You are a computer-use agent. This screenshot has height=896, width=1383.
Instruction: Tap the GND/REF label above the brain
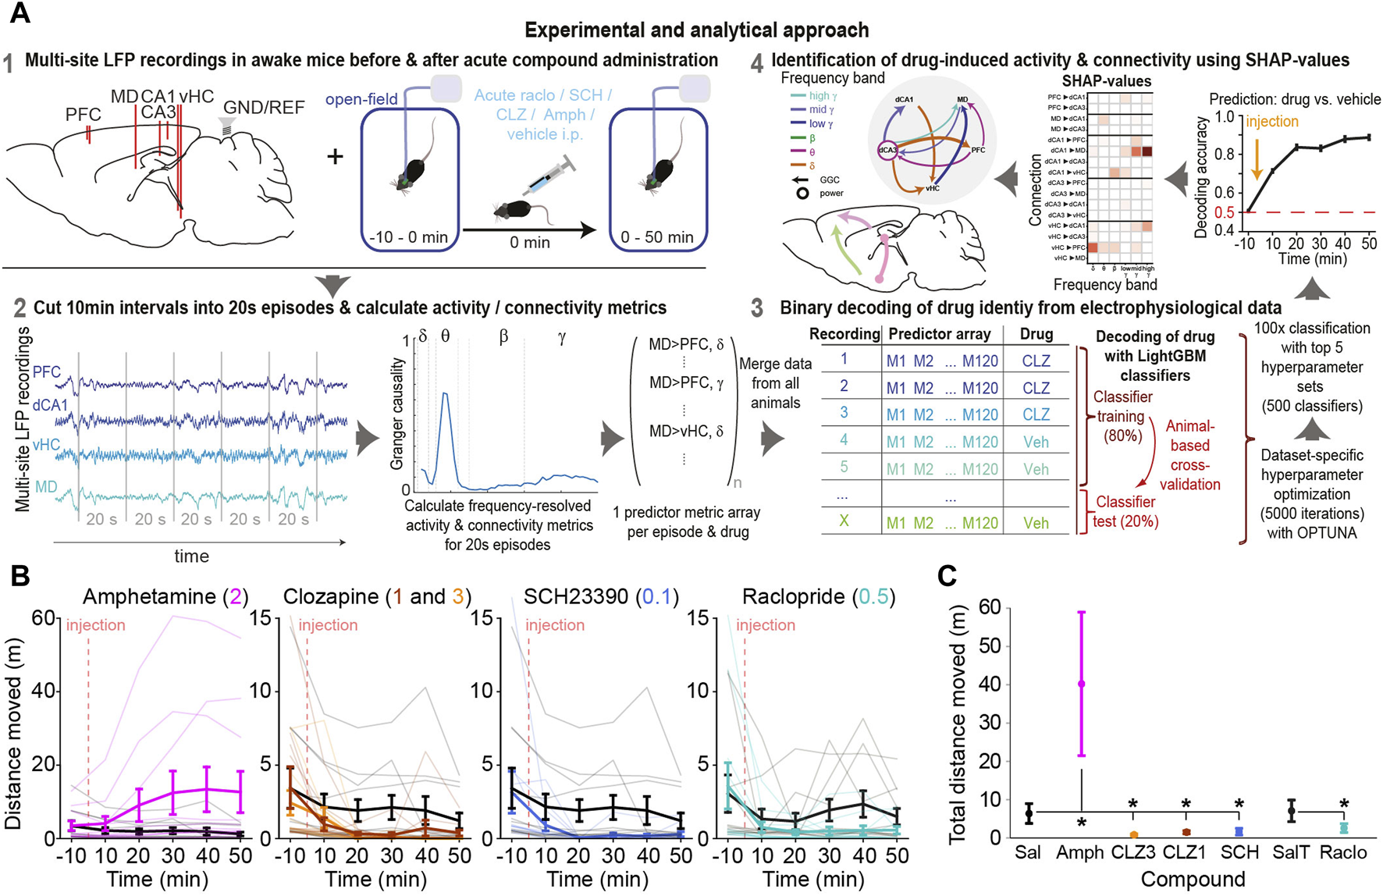(264, 108)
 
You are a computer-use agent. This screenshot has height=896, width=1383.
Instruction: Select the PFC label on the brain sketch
(84, 115)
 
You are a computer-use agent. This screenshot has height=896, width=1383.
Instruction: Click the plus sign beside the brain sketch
(335, 156)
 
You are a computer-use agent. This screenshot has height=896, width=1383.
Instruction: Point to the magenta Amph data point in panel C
(1081, 684)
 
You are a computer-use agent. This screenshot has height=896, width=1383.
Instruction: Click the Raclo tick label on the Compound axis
(1343, 852)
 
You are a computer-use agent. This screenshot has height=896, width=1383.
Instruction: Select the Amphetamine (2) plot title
(165, 597)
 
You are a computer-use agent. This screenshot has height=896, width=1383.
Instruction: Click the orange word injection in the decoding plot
(1271, 122)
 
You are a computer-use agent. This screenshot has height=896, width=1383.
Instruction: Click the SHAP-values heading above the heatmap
(1106, 81)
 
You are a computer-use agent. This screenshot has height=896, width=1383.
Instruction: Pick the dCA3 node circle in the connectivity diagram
(887, 149)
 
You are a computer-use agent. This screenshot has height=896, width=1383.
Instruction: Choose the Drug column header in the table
(1036, 334)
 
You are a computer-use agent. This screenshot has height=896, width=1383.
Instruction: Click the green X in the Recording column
(844, 521)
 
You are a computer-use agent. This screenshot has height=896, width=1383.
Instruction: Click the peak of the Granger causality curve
(445, 394)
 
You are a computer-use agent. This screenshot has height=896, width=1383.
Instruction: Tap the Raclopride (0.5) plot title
(819, 597)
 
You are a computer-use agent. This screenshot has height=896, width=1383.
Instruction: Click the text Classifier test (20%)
(1125, 511)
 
